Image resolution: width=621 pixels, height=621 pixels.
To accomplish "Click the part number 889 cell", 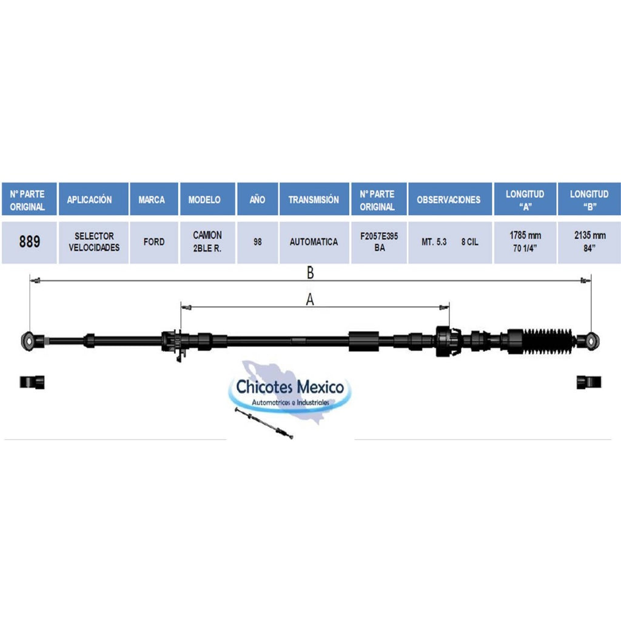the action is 29,241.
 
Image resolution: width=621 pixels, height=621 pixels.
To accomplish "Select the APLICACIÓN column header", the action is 93,199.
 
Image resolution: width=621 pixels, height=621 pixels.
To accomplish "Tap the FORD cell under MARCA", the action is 153,241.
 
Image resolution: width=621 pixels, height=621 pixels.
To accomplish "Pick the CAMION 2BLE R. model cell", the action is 207,241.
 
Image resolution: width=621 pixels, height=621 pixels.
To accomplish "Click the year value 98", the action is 257,241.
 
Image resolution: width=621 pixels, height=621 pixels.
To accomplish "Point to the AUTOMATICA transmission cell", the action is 314,241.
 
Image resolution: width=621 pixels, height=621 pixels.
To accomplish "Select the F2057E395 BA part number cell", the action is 379,241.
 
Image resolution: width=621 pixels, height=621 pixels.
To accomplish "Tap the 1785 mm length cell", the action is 525,241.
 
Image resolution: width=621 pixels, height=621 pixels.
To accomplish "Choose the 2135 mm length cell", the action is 589,241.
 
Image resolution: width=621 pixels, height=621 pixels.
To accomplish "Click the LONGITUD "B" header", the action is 589,199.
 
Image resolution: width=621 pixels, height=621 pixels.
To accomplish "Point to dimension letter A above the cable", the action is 310,300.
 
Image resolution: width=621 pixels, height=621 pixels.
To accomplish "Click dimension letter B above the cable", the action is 310,272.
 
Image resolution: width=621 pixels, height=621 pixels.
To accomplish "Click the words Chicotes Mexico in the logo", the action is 290,386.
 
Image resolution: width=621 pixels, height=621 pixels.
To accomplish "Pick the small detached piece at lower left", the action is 32,382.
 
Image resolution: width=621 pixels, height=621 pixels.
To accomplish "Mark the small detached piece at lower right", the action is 589,382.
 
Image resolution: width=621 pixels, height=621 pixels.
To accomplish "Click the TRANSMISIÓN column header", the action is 314,199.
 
